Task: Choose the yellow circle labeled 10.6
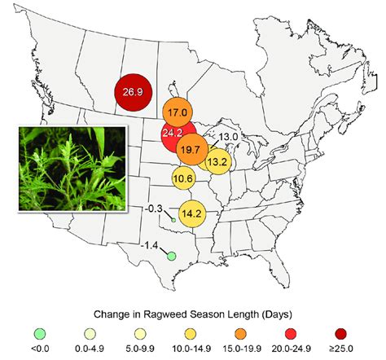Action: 182,178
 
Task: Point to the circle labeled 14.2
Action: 191,214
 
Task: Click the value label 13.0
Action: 228,136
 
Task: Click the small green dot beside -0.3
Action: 173,220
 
